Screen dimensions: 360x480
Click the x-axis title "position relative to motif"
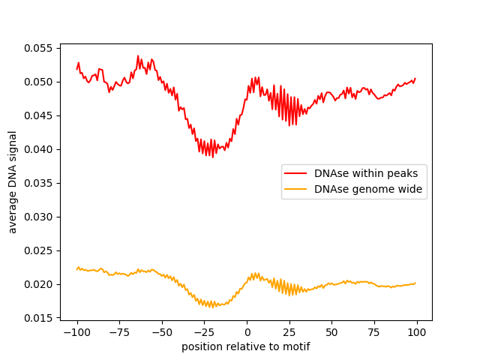click(x=245, y=347)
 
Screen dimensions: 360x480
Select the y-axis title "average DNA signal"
click(x=13, y=182)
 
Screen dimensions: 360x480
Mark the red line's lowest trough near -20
click(x=213, y=157)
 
